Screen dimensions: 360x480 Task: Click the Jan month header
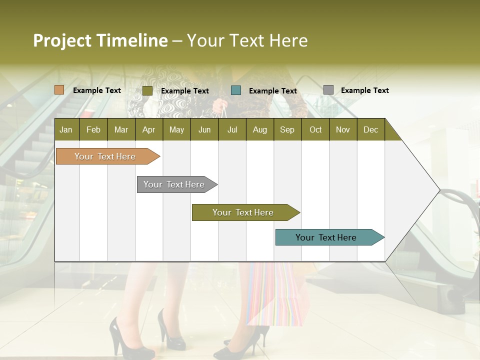click(66, 129)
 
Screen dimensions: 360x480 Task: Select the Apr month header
click(149, 129)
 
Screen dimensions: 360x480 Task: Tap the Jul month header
click(232, 129)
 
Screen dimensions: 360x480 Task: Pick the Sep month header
click(287, 129)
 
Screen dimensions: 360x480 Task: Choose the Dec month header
click(370, 129)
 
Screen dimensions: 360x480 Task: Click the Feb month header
click(93, 129)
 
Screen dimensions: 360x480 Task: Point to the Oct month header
click(315, 129)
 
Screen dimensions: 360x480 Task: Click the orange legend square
click(59, 90)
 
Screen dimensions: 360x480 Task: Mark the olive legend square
click(147, 90)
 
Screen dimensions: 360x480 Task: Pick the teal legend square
click(236, 90)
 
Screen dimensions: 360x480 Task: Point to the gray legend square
click(328, 90)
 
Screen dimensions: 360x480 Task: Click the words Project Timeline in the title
click(100, 40)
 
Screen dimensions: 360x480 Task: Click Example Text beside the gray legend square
click(364, 90)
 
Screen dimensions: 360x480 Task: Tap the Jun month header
click(204, 129)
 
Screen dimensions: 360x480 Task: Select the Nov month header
click(343, 129)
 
